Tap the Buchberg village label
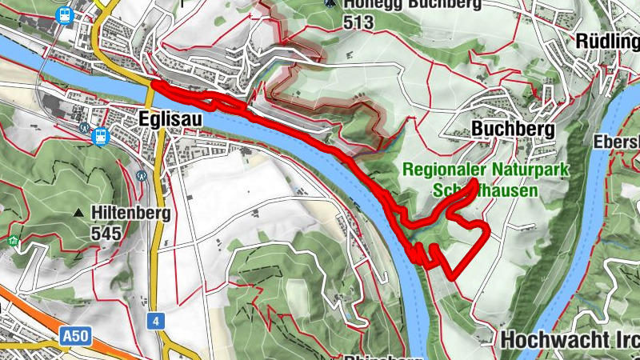502,129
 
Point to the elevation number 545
106,234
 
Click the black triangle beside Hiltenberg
78,214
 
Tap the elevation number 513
358,22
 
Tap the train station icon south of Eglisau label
100,136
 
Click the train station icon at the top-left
62,14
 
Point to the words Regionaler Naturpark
485,170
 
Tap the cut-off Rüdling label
607,40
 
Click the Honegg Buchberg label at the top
413,5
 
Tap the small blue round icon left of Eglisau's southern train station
84,126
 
